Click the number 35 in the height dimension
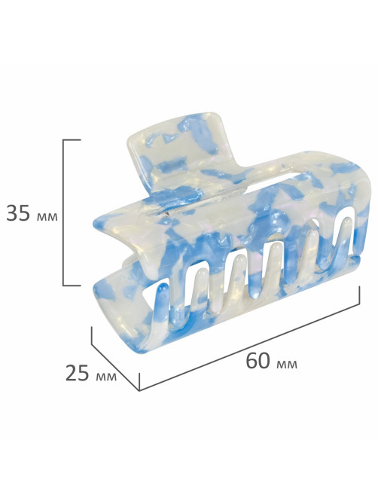point(18,212)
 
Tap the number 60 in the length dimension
point(258,361)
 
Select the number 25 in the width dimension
point(78,373)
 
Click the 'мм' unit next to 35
point(47,216)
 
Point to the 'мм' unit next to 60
point(286,365)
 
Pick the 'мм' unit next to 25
point(106,377)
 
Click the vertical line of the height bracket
point(63,212)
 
